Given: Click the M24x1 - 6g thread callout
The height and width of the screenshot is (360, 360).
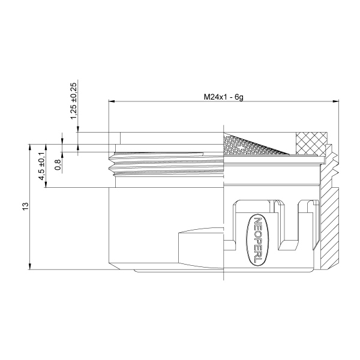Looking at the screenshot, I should (x=223, y=97).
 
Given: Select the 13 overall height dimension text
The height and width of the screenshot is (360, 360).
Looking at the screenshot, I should (x=26, y=206).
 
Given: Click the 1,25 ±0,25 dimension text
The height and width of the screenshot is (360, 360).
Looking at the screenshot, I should (x=73, y=99).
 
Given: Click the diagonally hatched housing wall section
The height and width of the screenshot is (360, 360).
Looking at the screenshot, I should (x=328, y=228).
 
